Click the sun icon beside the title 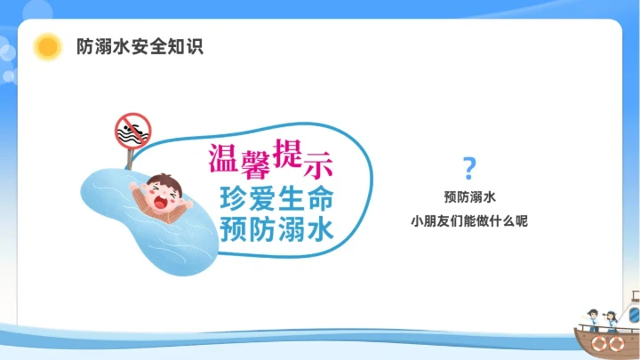pos(47,46)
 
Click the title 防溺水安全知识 pos(140,46)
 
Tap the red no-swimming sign pos(132,131)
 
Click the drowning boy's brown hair pos(161,180)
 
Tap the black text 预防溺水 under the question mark pos(469,196)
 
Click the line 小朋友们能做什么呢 pos(469,220)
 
